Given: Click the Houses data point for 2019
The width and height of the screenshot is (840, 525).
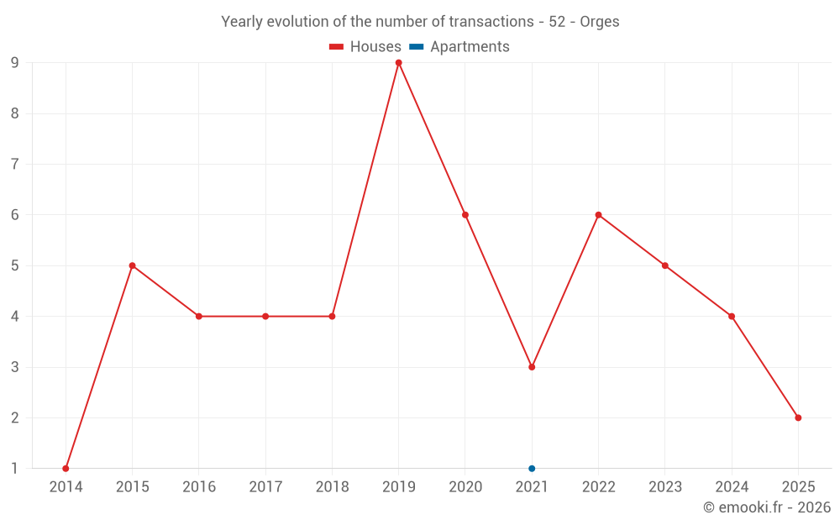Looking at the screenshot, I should tap(398, 62).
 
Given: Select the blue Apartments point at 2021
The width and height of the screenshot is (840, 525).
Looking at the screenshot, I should tap(532, 469).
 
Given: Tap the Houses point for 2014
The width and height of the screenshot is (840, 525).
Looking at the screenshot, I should tap(66, 469).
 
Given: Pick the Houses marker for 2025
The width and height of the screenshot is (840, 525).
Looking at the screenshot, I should tap(798, 417).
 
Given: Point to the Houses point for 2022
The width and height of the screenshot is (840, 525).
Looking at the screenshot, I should tap(598, 215).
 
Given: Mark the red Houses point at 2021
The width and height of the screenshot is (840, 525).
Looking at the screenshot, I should tap(532, 367).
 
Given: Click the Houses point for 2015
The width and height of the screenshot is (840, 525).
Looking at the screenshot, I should tap(132, 265).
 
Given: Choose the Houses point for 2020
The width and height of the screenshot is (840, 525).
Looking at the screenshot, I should tap(465, 215).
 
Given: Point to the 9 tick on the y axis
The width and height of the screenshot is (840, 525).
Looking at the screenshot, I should tap(15, 63).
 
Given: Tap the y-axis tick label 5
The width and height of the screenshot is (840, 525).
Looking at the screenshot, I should tap(15, 266).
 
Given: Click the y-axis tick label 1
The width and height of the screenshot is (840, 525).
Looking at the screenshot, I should tap(15, 469).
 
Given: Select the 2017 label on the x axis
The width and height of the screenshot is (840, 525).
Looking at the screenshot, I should tap(265, 487).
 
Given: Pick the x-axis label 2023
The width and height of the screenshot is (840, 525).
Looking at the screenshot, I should tap(664, 487).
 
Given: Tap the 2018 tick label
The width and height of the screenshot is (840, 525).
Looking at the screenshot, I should tap(332, 487).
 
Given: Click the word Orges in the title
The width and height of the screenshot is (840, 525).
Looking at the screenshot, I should tap(600, 22).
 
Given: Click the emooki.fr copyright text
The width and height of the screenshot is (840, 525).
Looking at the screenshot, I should tap(767, 507).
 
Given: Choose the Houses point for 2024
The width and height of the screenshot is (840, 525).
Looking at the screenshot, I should tap(732, 317).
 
